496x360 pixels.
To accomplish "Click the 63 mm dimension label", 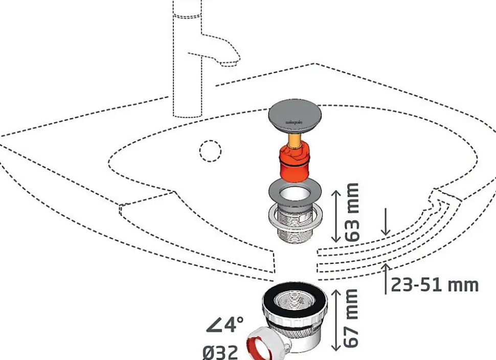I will pos(352,212).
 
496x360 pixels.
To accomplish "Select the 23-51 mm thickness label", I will pos(435,285).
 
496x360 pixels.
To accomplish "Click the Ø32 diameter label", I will pos(220,352).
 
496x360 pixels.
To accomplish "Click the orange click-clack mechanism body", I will pos(293,163).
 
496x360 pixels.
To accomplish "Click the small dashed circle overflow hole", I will pos(210,151).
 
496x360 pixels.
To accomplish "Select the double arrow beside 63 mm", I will pos(335,216).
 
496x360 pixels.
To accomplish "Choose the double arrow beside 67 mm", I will pos(335,320).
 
